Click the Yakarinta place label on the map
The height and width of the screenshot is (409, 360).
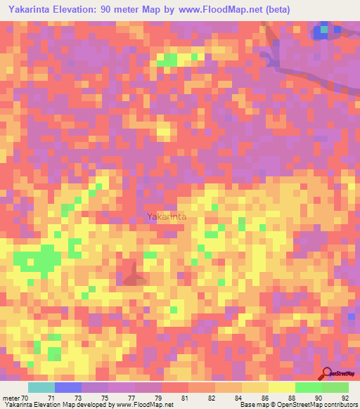167,217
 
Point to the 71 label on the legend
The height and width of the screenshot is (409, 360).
51,397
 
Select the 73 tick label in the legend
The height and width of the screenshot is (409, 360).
78,397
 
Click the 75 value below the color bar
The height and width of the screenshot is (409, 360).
105,397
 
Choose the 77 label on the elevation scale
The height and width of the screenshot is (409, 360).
131,397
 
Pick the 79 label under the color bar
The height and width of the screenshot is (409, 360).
159,397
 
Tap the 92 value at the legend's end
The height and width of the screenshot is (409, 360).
344,397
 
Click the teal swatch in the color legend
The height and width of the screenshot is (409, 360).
41,387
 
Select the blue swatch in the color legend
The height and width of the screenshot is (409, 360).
68,387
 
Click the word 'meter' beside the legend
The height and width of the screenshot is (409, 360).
11,397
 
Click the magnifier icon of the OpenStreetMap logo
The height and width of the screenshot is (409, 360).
326,373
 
